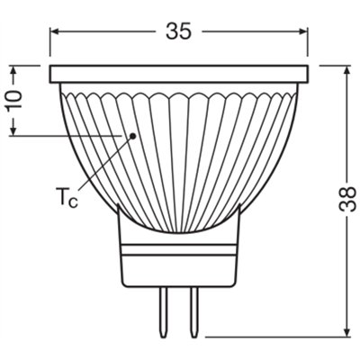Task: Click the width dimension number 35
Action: click(x=180, y=31)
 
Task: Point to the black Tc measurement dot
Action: click(x=132, y=136)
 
